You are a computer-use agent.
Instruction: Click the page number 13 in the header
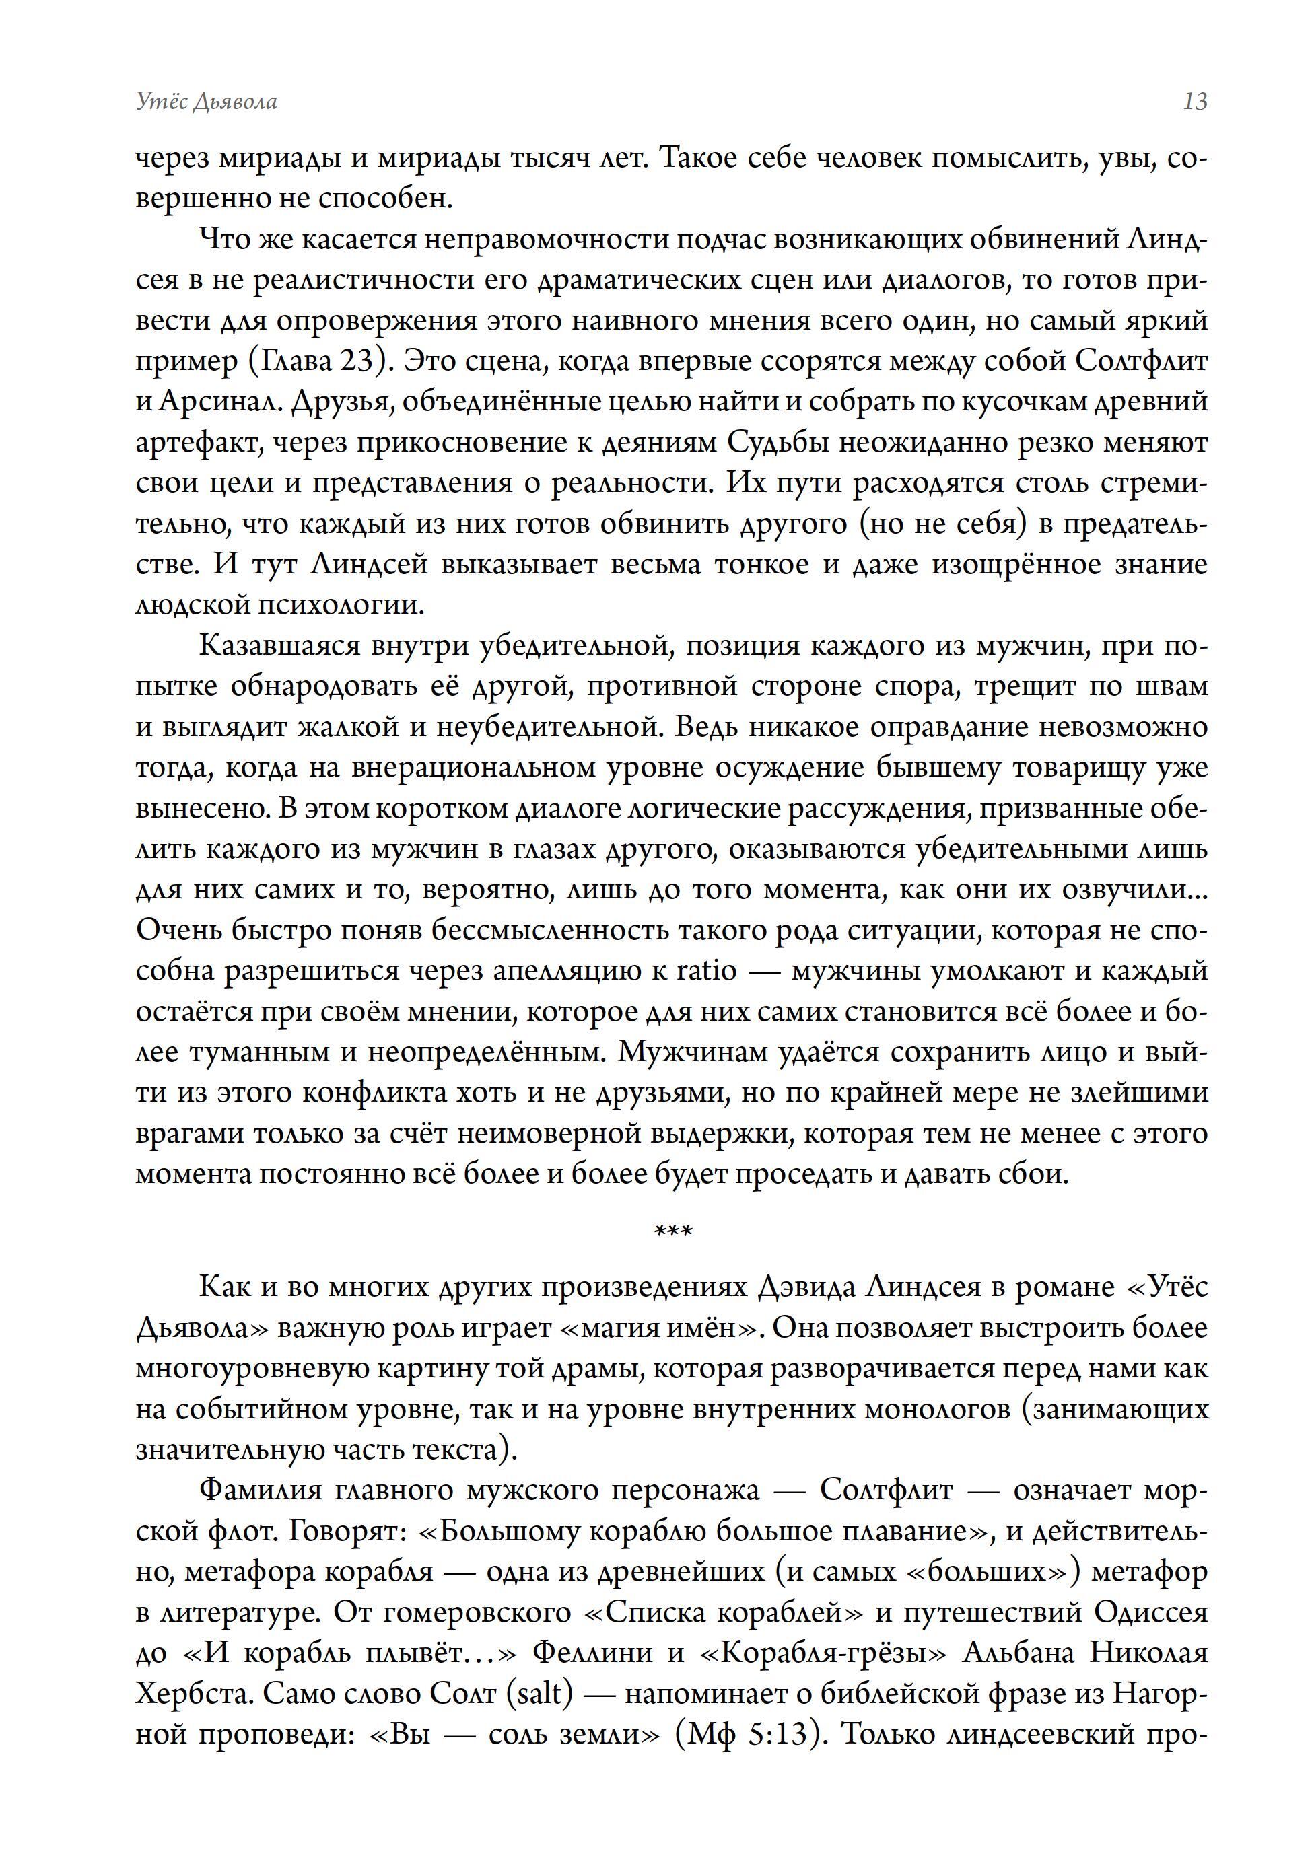[x=1195, y=102]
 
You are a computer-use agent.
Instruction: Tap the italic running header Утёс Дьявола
[x=207, y=102]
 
